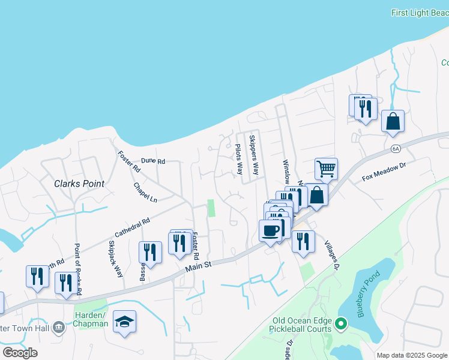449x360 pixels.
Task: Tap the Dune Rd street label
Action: coord(152,161)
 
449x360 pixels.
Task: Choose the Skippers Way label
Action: coord(254,155)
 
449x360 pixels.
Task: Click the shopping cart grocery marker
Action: coord(326,169)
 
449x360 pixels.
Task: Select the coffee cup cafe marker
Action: coord(270,230)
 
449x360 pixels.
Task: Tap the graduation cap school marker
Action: coord(124,322)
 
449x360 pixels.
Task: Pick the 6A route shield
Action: coord(395,148)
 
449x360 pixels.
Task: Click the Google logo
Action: coord(20,352)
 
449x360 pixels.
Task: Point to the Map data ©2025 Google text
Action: coord(412,355)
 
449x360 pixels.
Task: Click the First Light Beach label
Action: coord(419,13)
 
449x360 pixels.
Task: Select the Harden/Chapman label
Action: coord(91,320)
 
